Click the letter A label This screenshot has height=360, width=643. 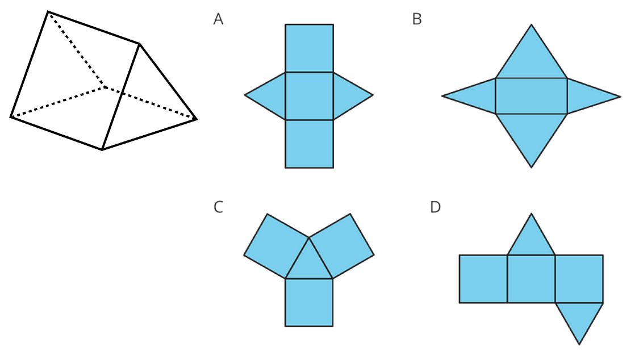(218, 19)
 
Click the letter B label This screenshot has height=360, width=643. (417, 19)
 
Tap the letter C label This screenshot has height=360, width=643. (218, 207)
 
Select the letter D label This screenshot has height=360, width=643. (435, 207)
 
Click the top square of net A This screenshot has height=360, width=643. (309, 48)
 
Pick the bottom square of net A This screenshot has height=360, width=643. (309, 144)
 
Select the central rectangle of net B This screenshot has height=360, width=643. (531, 96)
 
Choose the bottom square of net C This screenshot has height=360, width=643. (309, 302)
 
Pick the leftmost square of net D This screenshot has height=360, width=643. (483, 279)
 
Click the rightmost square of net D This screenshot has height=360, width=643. (579, 279)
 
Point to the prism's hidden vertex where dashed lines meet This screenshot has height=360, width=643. (104, 87)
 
